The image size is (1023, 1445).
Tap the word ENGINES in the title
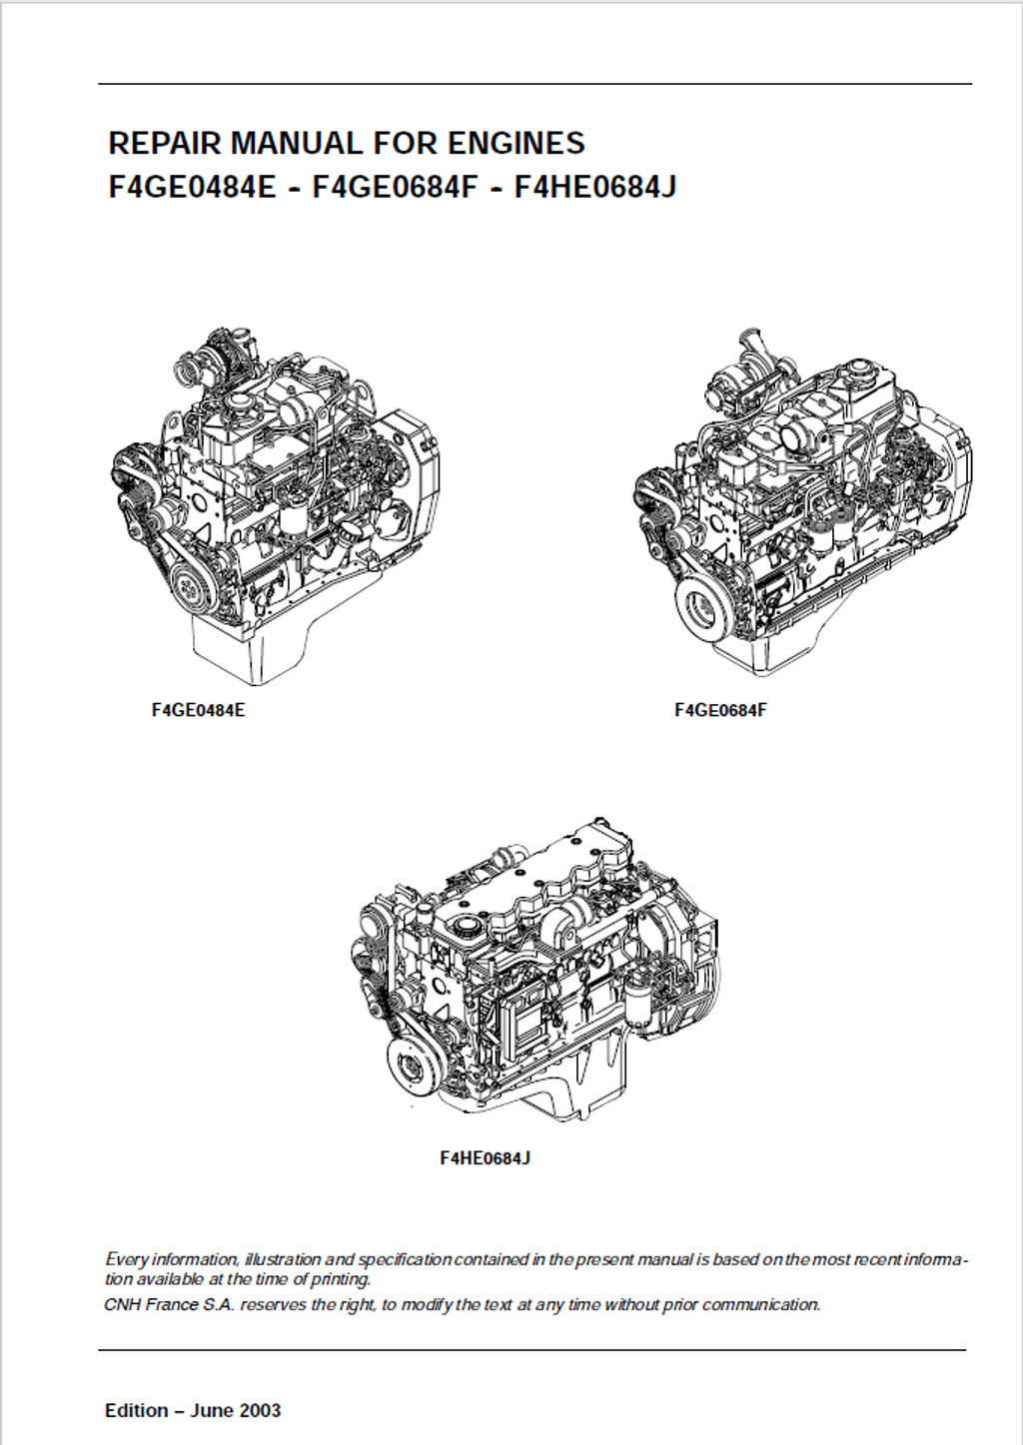tap(516, 143)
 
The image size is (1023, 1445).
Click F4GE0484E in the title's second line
tap(192, 187)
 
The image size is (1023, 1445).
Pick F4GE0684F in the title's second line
tap(395, 187)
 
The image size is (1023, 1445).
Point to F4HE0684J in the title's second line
tap(595, 187)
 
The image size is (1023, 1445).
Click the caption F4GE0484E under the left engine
tap(198, 710)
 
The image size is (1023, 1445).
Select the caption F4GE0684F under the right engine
tap(721, 710)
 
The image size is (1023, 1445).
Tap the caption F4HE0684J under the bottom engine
tap(485, 1158)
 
